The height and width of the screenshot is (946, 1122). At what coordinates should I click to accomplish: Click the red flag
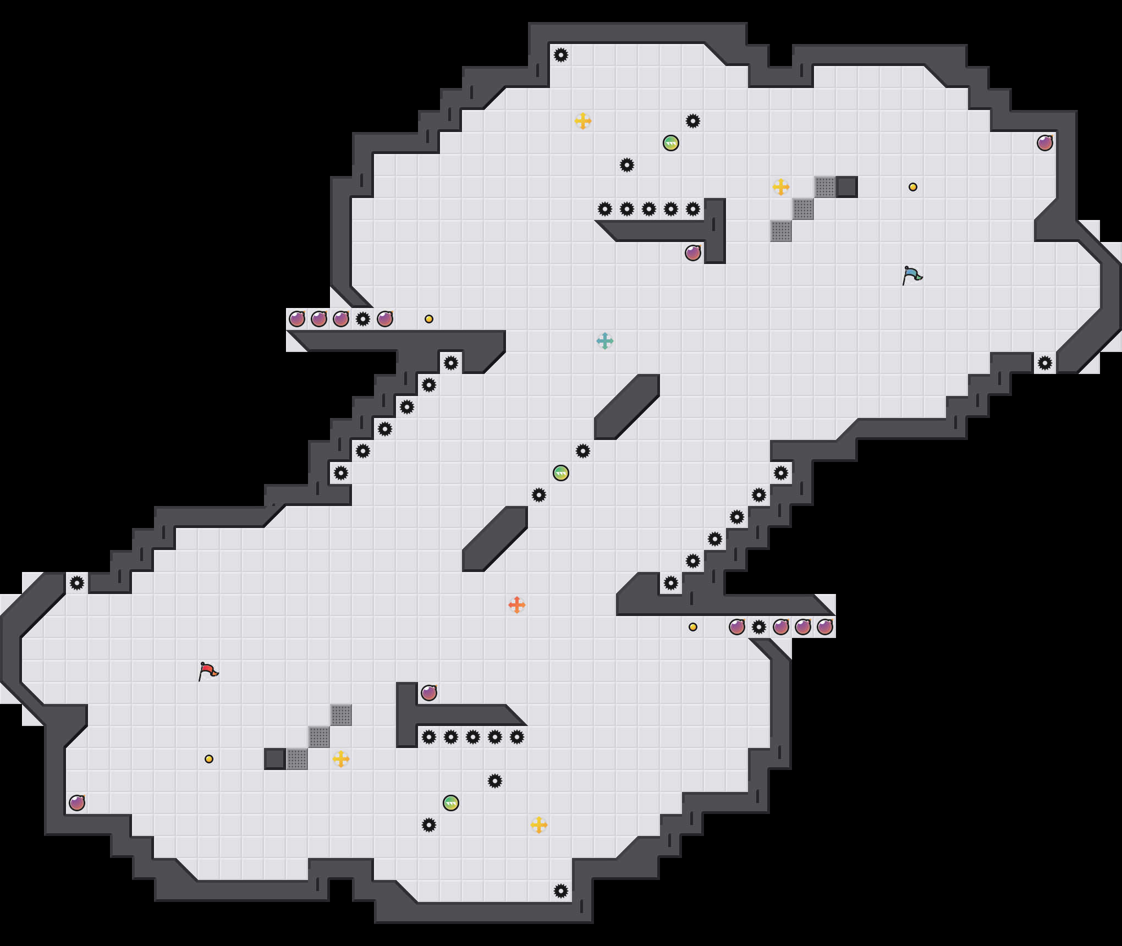coord(208,671)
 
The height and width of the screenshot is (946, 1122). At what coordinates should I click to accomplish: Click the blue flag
coord(912,275)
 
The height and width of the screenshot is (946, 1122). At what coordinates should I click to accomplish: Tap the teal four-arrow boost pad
coord(605,341)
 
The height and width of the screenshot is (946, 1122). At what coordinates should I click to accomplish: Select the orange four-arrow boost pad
coord(517,605)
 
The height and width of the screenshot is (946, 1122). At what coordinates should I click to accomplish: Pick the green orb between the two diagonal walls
coord(561,473)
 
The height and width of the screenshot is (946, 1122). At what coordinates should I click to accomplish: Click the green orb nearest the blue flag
coord(671,143)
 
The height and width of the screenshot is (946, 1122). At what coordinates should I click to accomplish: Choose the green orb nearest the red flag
coord(451,803)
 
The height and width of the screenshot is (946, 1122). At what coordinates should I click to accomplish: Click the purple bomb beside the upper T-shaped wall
coord(693,253)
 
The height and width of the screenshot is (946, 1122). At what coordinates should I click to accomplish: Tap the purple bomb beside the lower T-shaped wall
coord(429,693)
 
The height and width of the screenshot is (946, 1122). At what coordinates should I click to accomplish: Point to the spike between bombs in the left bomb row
coord(363,319)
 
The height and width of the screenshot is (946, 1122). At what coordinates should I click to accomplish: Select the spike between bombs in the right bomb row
coord(759,627)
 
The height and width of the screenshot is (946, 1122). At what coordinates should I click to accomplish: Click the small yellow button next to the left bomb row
coord(429,319)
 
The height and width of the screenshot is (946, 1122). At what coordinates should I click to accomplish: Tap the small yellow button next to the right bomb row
coord(693,627)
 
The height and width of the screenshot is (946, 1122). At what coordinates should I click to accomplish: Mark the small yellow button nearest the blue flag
coord(913,187)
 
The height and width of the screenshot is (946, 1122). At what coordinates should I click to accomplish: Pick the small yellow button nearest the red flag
coord(209,759)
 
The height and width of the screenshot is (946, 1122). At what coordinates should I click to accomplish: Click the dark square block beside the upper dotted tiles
coord(847,187)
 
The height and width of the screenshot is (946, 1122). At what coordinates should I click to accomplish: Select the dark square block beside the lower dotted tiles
coord(275,759)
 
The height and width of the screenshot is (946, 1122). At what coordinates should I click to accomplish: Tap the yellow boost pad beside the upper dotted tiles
coord(781,187)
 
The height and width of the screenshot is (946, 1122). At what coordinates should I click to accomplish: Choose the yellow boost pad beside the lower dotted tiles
coord(341,759)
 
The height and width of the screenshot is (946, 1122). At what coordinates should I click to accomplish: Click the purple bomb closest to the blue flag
coord(1045,143)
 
